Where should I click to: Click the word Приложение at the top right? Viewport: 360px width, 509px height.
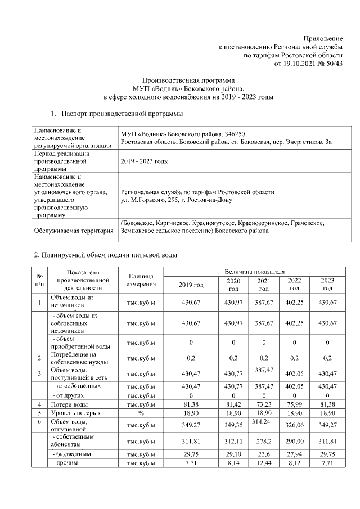coord(323,37)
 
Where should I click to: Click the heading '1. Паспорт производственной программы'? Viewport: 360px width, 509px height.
coord(123,114)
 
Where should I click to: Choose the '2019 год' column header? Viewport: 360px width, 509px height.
coord(191,285)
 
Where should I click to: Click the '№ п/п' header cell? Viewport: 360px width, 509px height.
coord(40,280)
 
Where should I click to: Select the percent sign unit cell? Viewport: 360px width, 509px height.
coord(141,412)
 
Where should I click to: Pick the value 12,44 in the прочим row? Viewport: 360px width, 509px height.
coord(263,462)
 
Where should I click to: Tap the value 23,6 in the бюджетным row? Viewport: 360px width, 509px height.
coord(263,453)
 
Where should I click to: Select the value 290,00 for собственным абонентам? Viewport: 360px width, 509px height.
coord(294,440)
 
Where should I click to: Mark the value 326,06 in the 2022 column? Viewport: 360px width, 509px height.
coord(294,425)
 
